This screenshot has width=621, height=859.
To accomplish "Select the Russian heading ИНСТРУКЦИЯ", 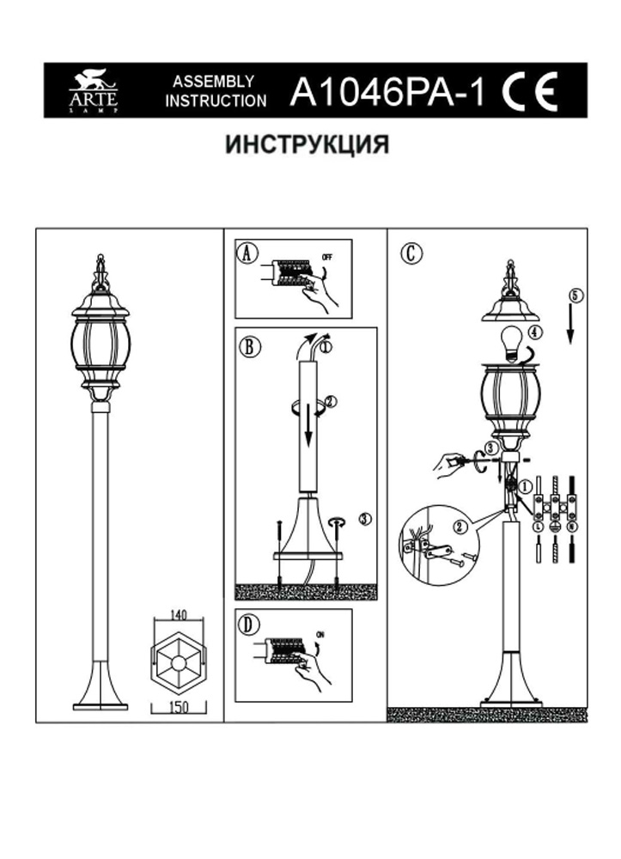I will pyautogui.click(x=307, y=144).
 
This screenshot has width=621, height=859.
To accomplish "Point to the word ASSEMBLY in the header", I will pyautogui.click(x=213, y=82).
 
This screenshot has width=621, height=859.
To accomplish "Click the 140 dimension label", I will pyautogui.click(x=179, y=615).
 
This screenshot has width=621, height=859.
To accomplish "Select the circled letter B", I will pyautogui.click(x=247, y=347).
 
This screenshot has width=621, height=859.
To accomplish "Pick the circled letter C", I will pyautogui.click(x=411, y=253).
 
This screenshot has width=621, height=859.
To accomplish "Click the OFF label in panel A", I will pyautogui.click(x=326, y=257).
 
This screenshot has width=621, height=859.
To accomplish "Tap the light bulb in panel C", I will pyautogui.click(x=510, y=340).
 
